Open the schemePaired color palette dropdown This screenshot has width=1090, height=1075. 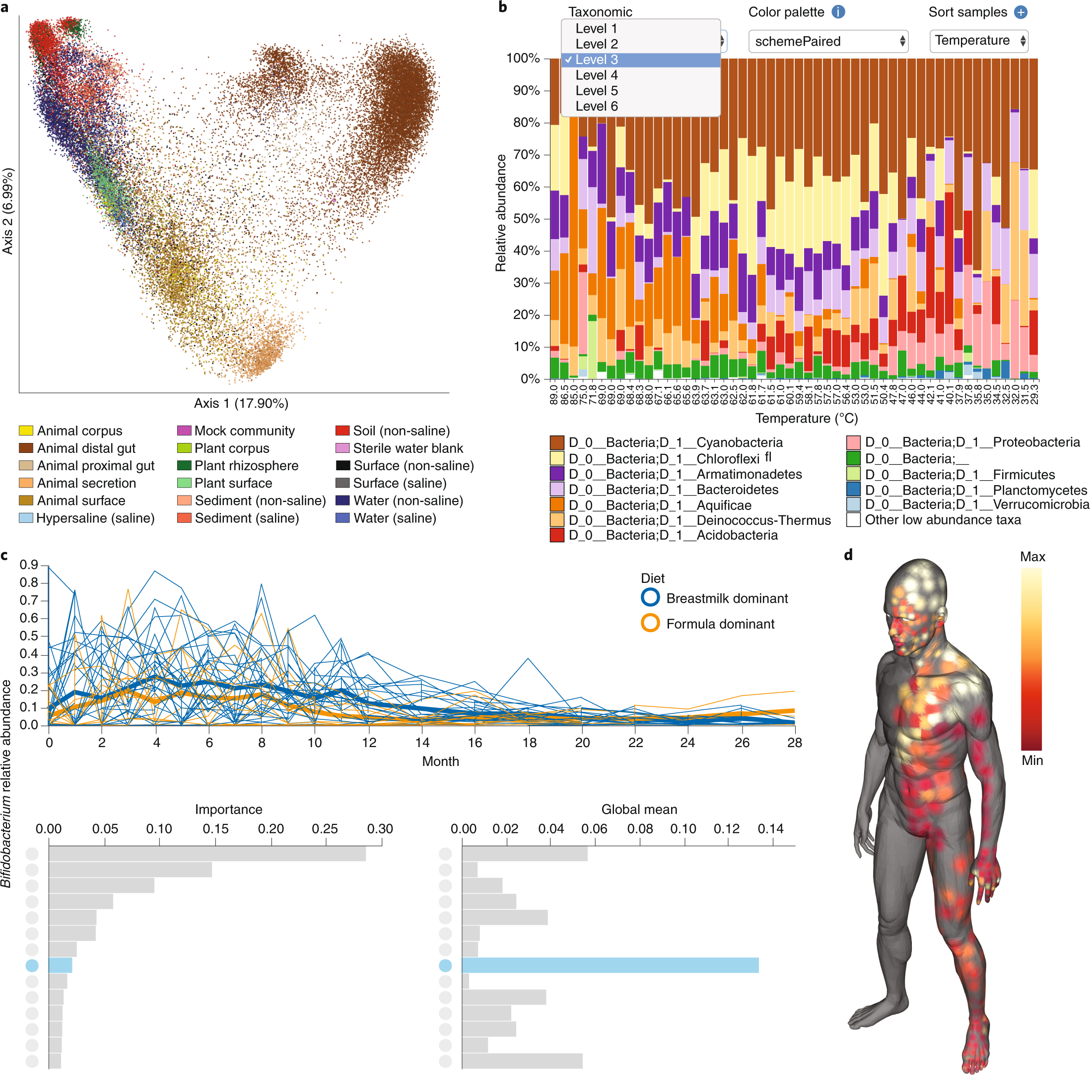point(827,41)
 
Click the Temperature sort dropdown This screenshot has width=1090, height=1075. point(978,41)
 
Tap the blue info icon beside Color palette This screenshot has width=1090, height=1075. point(838,12)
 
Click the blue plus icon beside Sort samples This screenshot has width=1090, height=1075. point(1021,12)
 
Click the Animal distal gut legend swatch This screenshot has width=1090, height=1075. point(26,448)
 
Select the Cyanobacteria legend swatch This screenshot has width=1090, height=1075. point(557,443)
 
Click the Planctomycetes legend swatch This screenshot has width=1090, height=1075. point(853,490)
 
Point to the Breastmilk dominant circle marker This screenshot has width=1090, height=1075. point(650,597)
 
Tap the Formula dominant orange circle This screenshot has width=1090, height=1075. point(650,623)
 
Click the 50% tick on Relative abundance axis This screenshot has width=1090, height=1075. point(524,219)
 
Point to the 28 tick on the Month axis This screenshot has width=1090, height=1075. point(794,743)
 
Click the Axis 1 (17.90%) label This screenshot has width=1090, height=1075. point(241,403)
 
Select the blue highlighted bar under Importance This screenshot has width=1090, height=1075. point(61,965)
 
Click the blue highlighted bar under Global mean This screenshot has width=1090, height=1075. point(610,965)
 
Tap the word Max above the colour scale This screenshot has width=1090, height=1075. point(1032,557)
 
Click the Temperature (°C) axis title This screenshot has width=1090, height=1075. point(806,418)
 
